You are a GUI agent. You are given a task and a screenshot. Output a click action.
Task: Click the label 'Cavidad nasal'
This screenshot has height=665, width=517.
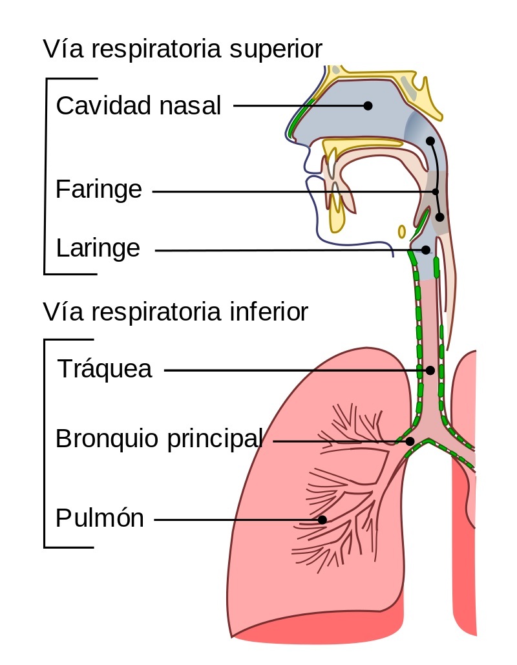(138, 105)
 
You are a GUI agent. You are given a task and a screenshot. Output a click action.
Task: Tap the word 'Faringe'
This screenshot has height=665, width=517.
(98, 190)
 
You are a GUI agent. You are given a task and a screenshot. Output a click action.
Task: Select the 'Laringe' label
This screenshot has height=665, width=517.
(98, 248)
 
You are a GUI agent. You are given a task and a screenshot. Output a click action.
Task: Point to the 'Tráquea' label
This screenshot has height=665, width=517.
(105, 369)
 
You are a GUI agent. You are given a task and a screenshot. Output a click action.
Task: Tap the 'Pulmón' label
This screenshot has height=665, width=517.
(100, 518)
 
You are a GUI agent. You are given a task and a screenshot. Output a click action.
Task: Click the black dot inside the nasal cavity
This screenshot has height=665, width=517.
(368, 105)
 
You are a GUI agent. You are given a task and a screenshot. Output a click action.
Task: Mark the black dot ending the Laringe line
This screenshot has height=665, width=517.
(425, 249)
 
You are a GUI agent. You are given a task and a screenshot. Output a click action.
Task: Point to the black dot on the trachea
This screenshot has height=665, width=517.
(430, 370)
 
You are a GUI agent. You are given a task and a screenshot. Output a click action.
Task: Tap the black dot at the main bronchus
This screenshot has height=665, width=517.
(410, 441)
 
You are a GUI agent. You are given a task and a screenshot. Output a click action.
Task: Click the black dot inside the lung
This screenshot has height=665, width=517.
(322, 519)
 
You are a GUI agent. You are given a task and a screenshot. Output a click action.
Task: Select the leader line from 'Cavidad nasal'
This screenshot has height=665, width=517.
(297, 105)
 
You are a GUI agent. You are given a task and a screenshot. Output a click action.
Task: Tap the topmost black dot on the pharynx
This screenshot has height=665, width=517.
(430, 141)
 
